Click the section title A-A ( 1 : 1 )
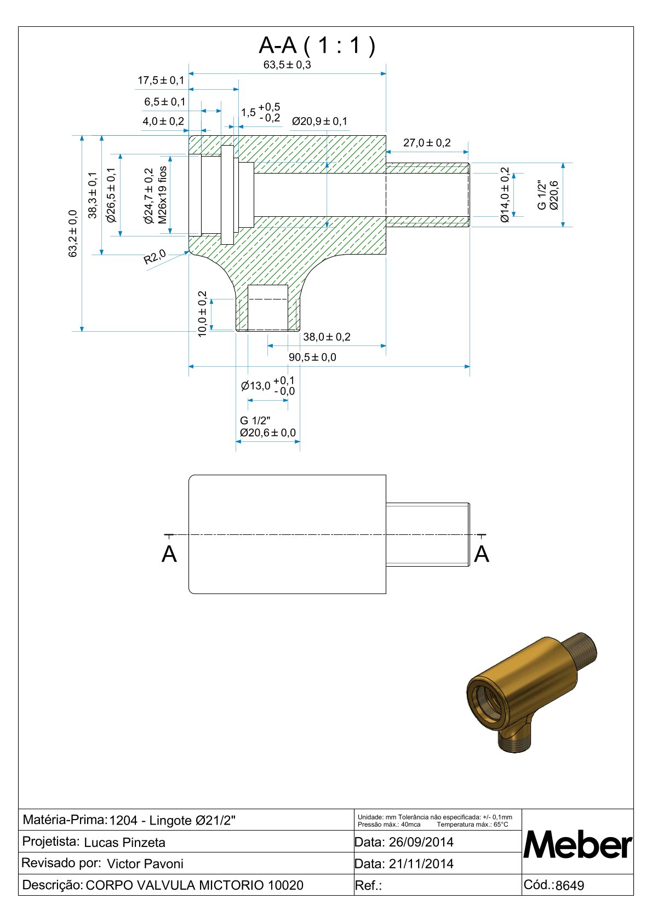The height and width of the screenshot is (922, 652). pyautogui.click(x=317, y=45)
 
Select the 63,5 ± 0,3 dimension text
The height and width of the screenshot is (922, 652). pyautogui.click(x=287, y=65)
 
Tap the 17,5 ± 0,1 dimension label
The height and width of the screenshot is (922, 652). pyautogui.click(x=161, y=80)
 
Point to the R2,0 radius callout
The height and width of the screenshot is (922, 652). pyautogui.click(x=155, y=256)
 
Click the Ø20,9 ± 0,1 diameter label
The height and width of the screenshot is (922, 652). pyautogui.click(x=319, y=121)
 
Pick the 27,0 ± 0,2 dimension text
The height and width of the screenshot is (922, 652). pyautogui.click(x=427, y=143)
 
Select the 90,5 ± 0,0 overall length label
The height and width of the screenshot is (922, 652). pyautogui.click(x=312, y=358)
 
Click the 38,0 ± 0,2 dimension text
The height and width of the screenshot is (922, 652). pyautogui.click(x=327, y=337)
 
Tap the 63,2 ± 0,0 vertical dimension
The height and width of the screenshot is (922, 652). pyautogui.click(x=73, y=233)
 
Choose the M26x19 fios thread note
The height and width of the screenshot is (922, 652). pyautogui.click(x=163, y=195)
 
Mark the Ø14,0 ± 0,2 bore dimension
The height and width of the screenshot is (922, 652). pyautogui.click(x=505, y=195)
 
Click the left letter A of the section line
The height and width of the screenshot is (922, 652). pyautogui.click(x=169, y=555)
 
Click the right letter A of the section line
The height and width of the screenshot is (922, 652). pyautogui.click(x=481, y=555)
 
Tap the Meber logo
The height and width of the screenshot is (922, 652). pyautogui.click(x=577, y=845)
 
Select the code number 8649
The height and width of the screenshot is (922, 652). pyautogui.click(x=570, y=885)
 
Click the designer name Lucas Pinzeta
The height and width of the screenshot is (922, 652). pyautogui.click(x=124, y=843)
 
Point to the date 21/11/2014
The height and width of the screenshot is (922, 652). pyautogui.click(x=421, y=864)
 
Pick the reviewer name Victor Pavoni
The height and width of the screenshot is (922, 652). pyautogui.click(x=145, y=864)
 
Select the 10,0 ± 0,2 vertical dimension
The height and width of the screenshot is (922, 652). pyautogui.click(x=202, y=314)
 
